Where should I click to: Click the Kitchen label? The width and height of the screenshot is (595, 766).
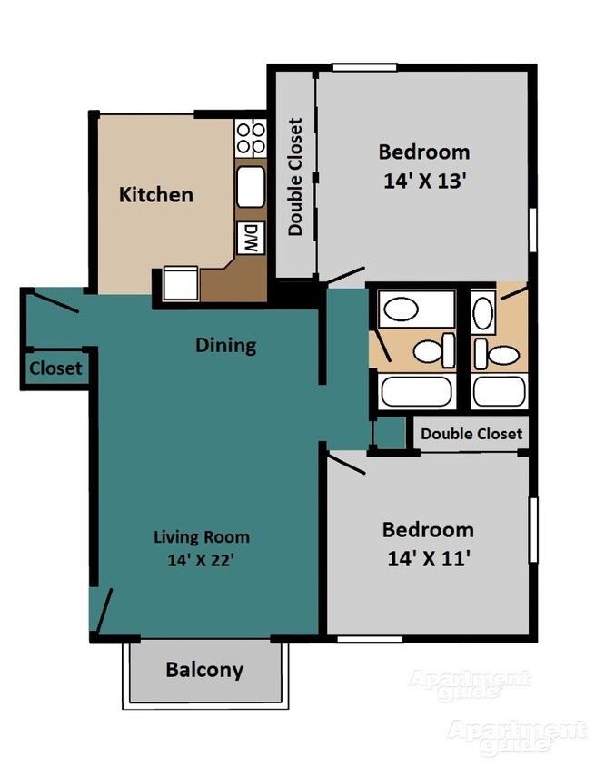click(156, 195)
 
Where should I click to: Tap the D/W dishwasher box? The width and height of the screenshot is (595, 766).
click(251, 238)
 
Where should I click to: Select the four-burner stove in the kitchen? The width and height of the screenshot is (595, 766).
click(251, 138)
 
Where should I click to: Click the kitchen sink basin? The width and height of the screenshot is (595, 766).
click(251, 187)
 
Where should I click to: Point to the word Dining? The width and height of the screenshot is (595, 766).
click(226, 346)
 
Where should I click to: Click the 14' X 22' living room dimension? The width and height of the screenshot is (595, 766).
click(202, 559)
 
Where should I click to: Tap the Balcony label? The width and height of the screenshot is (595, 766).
click(204, 669)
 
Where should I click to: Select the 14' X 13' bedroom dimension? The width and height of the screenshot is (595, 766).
click(424, 181)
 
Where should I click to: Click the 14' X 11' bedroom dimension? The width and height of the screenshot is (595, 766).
click(428, 558)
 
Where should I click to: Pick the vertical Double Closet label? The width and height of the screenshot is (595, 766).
click(295, 177)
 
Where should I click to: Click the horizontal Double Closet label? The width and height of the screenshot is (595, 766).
click(471, 433)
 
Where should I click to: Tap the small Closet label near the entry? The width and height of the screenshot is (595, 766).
click(55, 368)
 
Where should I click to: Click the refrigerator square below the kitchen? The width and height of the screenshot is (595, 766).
click(181, 283)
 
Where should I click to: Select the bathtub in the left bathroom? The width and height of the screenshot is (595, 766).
click(417, 391)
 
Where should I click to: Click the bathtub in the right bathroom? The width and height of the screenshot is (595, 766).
click(500, 391)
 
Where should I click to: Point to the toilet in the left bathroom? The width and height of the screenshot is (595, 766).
click(434, 350)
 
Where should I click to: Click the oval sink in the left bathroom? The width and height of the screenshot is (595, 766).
click(402, 309)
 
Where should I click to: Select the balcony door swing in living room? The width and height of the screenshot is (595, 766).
click(104, 611)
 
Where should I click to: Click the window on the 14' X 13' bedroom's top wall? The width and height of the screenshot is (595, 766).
click(364, 67)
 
